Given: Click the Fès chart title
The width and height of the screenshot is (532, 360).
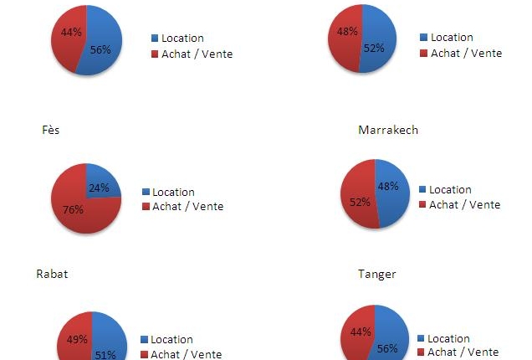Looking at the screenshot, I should click(x=50, y=131).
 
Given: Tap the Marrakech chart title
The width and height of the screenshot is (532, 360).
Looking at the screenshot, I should click(x=387, y=130).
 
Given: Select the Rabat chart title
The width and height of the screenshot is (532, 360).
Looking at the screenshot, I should click(x=52, y=274).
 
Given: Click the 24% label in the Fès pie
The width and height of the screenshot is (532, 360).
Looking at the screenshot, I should click(x=99, y=188).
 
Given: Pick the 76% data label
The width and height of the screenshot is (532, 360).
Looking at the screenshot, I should click(x=73, y=209).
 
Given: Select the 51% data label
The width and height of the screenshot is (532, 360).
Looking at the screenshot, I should click(x=105, y=354).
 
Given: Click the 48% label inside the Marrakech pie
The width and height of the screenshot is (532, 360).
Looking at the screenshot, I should click(x=387, y=186).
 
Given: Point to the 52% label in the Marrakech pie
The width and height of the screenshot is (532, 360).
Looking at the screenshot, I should click(x=356, y=202).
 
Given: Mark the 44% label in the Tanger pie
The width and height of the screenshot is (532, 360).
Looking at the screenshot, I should click(x=361, y=332).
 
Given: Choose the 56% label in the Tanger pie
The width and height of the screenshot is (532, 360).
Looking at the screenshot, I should click(x=386, y=347).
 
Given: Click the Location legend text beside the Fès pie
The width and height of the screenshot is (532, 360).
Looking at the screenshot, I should click(x=172, y=192).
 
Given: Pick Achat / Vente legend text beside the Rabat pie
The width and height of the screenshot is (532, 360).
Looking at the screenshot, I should click(x=186, y=354).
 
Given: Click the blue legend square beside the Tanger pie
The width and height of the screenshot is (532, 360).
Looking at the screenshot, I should click(x=420, y=338).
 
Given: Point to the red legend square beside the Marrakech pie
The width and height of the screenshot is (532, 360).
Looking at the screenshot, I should click(x=422, y=205).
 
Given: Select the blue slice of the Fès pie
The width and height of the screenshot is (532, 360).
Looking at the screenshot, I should click(x=105, y=181).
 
